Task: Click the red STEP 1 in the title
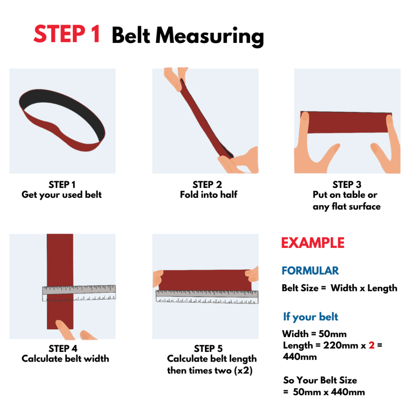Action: pyautogui.click(x=66, y=34)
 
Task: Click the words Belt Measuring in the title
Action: pyautogui.click(x=187, y=36)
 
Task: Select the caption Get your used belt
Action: pyautogui.click(x=62, y=195)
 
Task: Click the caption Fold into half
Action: pyautogui.click(x=208, y=195)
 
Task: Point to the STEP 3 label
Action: pyautogui.click(x=347, y=185)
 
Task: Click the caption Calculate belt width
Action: pyautogui.click(x=65, y=358)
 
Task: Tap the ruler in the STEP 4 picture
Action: pyautogui.click(x=79, y=293)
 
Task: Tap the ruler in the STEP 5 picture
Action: pyautogui.click(x=207, y=296)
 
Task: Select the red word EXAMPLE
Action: pyautogui.click(x=313, y=243)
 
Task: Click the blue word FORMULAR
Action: pyautogui.click(x=310, y=271)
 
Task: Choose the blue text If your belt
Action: pyautogui.click(x=311, y=317)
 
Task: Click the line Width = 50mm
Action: pyautogui.click(x=314, y=334)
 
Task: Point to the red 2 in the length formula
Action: pyautogui.click(x=372, y=345)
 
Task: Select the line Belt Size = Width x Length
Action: pyautogui.click(x=340, y=288)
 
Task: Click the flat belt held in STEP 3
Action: pyautogui.click(x=346, y=123)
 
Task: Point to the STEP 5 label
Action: pyautogui.click(x=208, y=348)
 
